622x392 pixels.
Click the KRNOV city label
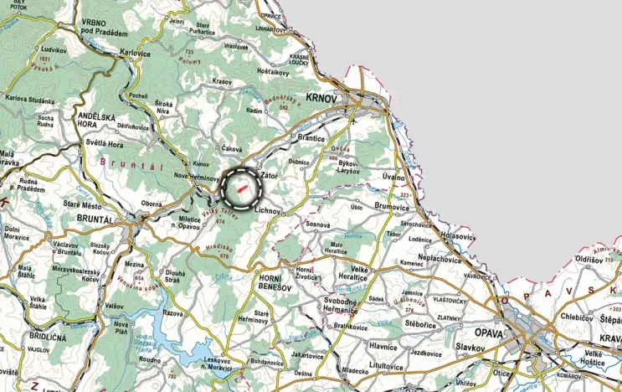321,98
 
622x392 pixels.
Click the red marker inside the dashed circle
242,188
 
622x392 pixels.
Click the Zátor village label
269,176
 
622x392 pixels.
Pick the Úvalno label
393,178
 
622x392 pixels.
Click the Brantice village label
307,137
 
